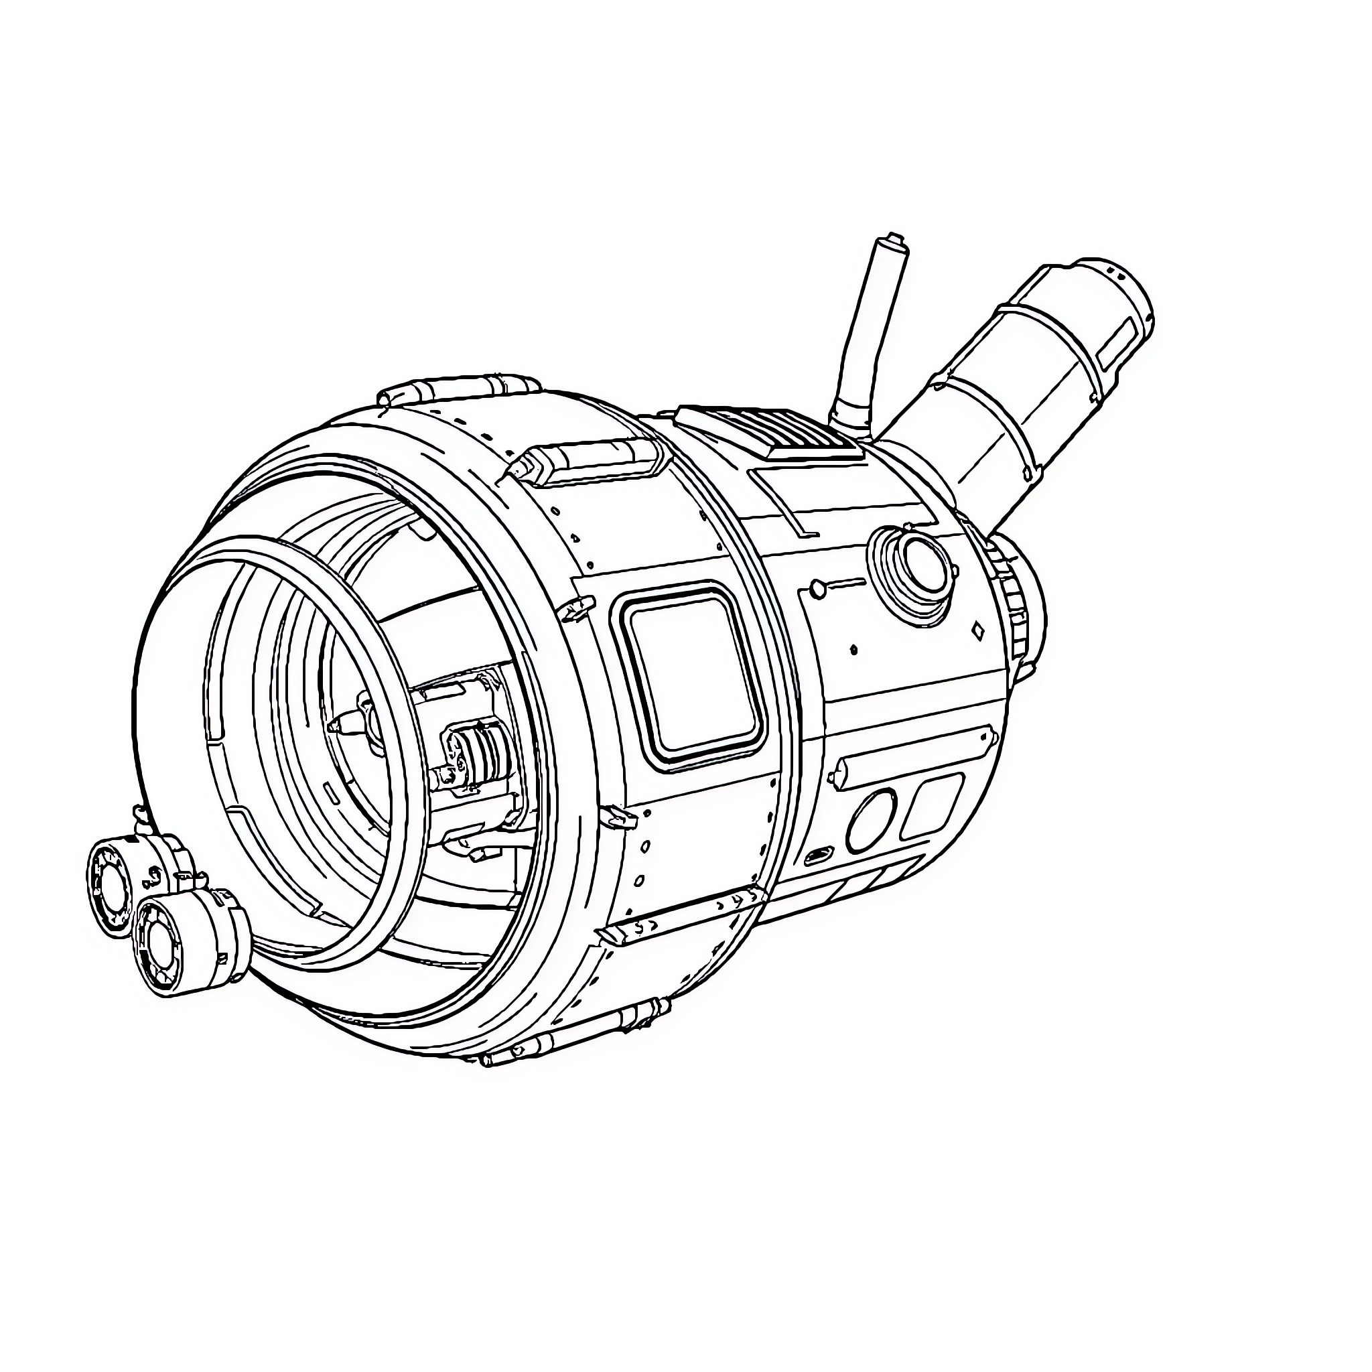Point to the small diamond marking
[x=978, y=629]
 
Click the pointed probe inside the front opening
[x=341, y=725]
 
